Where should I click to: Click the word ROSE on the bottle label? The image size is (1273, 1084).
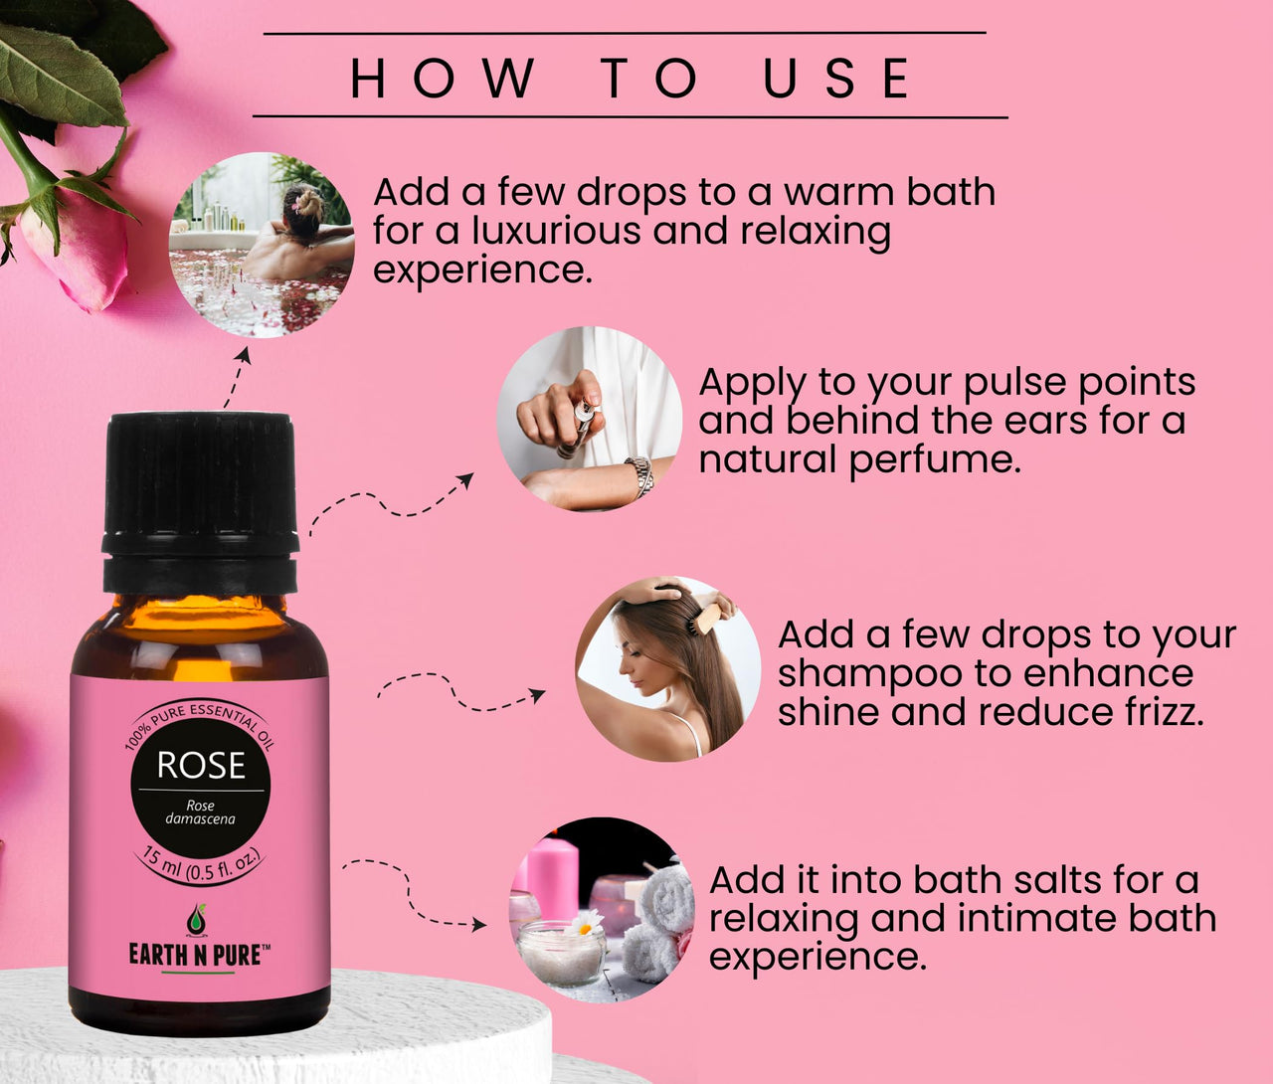pos(201,765)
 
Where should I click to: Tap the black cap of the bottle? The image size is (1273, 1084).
pos(201,504)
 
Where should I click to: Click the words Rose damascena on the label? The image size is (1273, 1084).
pos(200,812)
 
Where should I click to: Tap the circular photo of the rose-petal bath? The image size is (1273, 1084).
pos(262,245)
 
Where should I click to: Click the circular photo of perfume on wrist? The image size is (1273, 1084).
pos(590,419)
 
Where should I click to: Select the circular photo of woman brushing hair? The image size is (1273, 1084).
pos(668,669)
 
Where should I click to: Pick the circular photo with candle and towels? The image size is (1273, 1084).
pos(602,910)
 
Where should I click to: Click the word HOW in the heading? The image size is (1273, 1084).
pos(443,78)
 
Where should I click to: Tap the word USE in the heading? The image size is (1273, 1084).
pos(836,78)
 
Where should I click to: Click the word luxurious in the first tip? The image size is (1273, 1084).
pos(557,231)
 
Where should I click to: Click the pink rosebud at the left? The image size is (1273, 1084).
pos(77,253)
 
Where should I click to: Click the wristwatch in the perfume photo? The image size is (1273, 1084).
pos(638,476)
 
